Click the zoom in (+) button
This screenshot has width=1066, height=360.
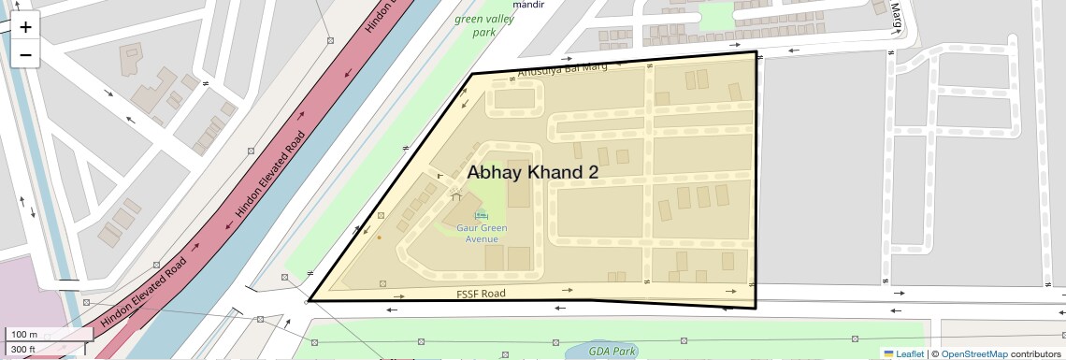tap(25, 27)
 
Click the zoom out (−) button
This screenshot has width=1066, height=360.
tap(25, 55)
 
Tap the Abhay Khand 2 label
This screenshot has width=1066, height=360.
tap(532, 173)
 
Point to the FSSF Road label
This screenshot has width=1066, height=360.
tap(481, 294)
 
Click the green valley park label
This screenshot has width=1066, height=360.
tap(483, 25)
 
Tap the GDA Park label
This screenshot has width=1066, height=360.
tap(612, 352)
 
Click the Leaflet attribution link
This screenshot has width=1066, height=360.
tap(910, 354)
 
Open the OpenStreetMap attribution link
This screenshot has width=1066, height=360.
tap(973, 354)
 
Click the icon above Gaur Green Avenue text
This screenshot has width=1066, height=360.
tap(482, 216)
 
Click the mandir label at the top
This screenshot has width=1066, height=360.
tap(530, 5)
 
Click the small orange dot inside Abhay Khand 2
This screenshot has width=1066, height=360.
tap(379, 238)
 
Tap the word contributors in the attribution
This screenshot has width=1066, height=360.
tap(1035, 354)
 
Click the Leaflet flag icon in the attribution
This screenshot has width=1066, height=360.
tap(888, 354)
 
